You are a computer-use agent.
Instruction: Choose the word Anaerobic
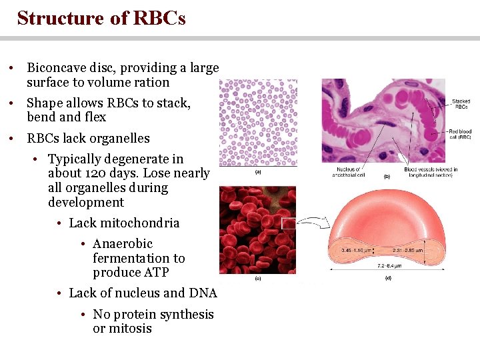[123, 244]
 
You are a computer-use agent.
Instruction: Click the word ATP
[155, 273]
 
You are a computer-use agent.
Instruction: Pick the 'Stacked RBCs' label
[460, 104]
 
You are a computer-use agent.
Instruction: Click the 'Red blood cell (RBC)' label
[459, 134]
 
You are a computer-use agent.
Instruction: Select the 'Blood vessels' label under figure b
[430, 173]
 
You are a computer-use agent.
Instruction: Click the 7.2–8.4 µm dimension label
[388, 265]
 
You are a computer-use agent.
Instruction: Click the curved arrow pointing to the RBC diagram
[310, 221]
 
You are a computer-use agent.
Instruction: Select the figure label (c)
[257, 278]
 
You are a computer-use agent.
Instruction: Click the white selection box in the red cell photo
[288, 224]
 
